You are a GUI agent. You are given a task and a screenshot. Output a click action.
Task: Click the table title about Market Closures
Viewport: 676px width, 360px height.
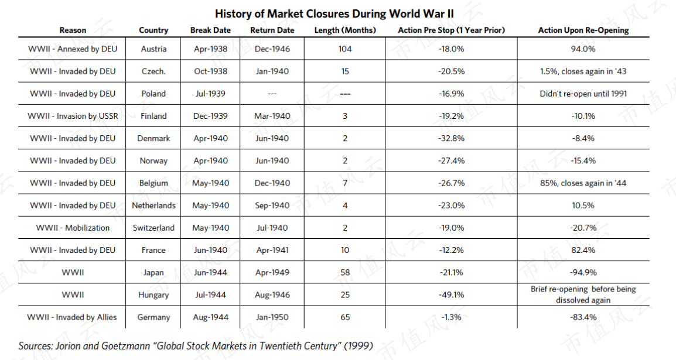tap(334, 14)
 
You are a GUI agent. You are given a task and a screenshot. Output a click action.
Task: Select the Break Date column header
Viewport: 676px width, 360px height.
tap(210, 30)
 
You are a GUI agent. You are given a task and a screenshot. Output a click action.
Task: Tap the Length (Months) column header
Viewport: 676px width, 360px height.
tap(345, 30)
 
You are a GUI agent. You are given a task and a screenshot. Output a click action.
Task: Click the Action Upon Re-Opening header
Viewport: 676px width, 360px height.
tap(583, 30)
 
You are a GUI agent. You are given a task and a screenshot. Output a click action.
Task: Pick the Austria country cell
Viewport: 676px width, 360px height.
tap(153, 49)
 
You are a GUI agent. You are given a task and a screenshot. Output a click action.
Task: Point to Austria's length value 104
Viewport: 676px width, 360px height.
tap(345, 49)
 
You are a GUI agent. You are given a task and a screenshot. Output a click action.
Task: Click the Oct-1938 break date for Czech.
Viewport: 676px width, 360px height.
tap(210, 71)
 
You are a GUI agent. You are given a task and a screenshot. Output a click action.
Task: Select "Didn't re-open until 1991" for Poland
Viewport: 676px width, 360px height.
tap(583, 94)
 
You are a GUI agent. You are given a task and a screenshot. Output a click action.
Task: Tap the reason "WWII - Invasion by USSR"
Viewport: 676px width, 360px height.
tap(73, 116)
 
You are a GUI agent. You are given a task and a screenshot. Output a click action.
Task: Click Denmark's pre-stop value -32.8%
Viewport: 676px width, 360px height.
tap(452, 139)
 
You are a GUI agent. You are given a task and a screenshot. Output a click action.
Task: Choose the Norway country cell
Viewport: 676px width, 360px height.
tap(153, 161)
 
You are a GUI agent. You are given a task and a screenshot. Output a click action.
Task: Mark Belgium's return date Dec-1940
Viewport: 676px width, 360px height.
tap(272, 183)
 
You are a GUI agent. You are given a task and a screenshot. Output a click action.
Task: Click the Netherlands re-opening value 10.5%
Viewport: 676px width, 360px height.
tap(583, 206)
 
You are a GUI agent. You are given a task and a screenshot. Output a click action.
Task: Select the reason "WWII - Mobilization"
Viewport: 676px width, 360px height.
tap(73, 228)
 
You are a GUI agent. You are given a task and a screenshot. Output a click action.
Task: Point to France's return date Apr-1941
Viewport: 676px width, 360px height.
tap(272, 251)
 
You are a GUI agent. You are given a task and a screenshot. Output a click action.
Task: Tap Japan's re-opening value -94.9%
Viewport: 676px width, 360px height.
tap(583, 273)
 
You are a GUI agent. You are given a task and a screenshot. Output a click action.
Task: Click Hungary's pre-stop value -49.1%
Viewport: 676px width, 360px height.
tap(452, 296)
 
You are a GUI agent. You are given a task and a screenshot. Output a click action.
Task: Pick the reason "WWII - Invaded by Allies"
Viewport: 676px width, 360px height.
tap(72, 318)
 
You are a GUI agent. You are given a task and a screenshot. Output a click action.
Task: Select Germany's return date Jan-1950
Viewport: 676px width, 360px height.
tap(272, 318)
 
